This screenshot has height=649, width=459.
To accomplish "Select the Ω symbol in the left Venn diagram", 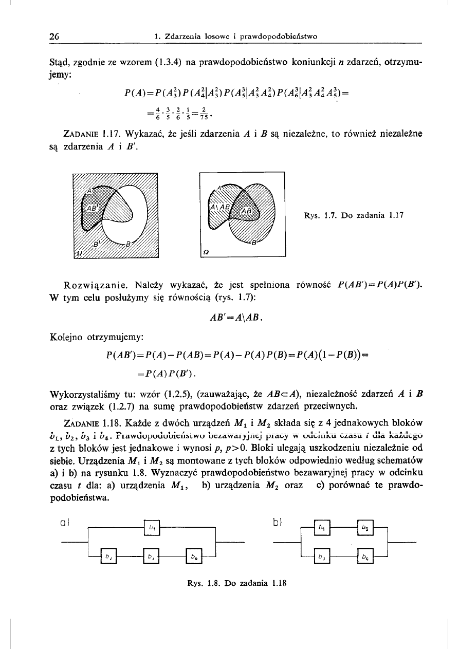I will point(79,253).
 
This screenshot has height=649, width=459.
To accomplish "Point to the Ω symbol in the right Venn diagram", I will point(206,251).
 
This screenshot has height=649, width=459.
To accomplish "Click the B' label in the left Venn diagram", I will point(96,243).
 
